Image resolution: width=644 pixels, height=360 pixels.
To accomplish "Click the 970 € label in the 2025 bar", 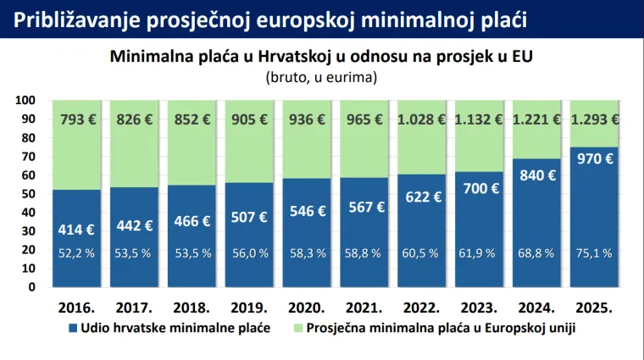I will [x=595, y=158].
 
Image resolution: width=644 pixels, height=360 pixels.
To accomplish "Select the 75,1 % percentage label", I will [x=595, y=252].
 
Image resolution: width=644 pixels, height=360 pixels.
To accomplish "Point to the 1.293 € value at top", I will [x=595, y=119].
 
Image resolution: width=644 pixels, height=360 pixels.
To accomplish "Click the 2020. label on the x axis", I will [x=308, y=306].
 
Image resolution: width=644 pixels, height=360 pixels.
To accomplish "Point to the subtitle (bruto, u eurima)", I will [x=322, y=77].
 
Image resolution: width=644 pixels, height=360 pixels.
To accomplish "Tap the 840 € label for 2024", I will [x=538, y=175].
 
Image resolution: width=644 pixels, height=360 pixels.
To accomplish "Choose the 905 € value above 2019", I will [x=250, y=119].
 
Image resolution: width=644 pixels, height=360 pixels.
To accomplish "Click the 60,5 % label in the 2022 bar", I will [x=423, y=252].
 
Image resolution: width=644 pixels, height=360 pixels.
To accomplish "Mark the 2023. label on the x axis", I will [x=480, y=306].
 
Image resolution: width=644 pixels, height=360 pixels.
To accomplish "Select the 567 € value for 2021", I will [x=365, y=208].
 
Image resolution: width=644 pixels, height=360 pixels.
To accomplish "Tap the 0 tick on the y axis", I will [x=31, y=286].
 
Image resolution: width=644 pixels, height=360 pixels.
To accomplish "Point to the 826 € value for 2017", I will [x=136, y=119].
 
